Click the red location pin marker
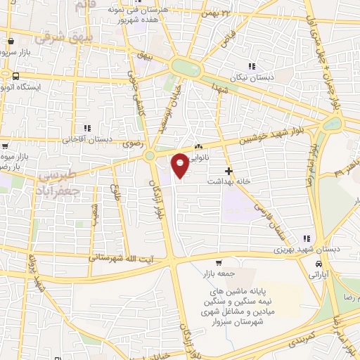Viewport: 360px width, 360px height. click(180, 165)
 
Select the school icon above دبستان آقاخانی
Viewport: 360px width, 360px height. click(88, 128)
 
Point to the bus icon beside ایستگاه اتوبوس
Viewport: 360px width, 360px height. click(15, 75)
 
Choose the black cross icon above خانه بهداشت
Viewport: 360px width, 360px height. click(228, 171)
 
